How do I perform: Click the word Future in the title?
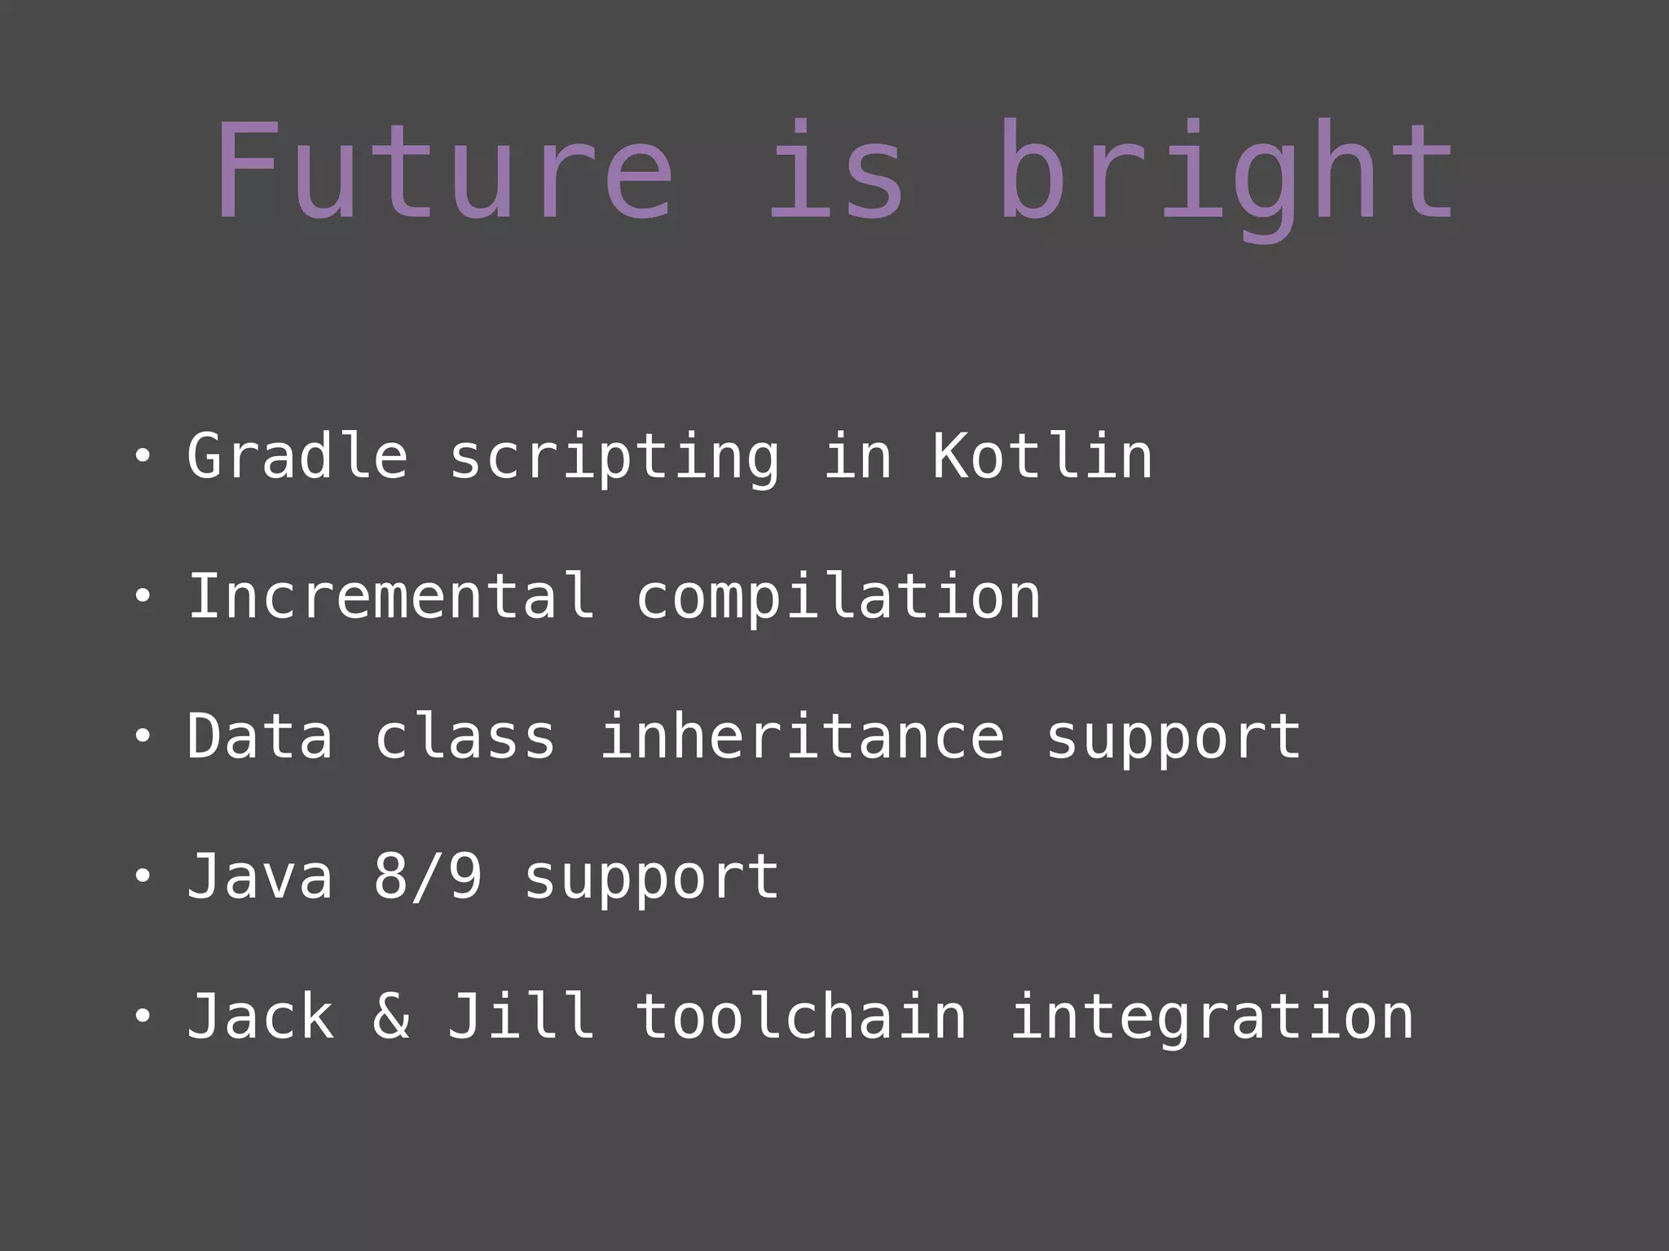point(444,171)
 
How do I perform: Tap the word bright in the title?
point(1226,175)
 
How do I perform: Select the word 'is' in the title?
point(835,171)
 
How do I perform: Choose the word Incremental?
point(391,596)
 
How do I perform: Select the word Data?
point(260,737)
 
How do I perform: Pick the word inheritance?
point(803,737)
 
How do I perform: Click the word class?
point(465,737)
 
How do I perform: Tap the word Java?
point(260,877)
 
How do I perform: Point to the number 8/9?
point(428,877)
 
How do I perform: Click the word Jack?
point(260,1017)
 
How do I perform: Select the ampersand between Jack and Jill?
point(391,1017)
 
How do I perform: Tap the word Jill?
point(522,1017)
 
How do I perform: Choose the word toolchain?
point(801,1017)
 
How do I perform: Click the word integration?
point(1212,1019)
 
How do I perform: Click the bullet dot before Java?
point(143,877)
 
